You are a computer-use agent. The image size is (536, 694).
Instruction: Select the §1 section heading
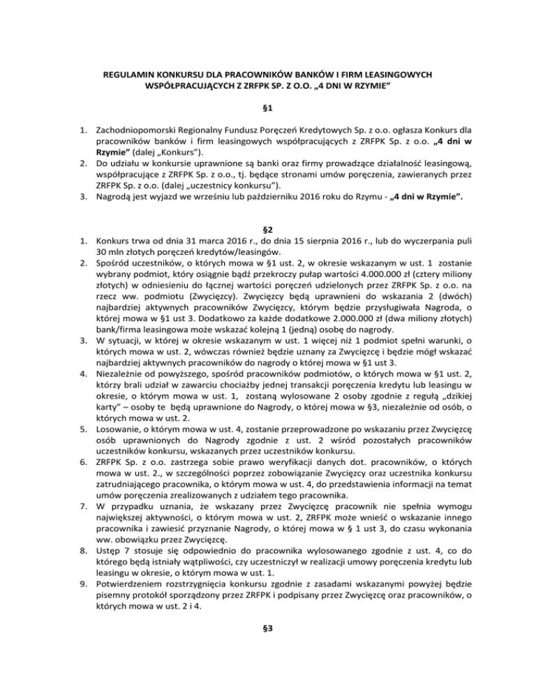(269, 110)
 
